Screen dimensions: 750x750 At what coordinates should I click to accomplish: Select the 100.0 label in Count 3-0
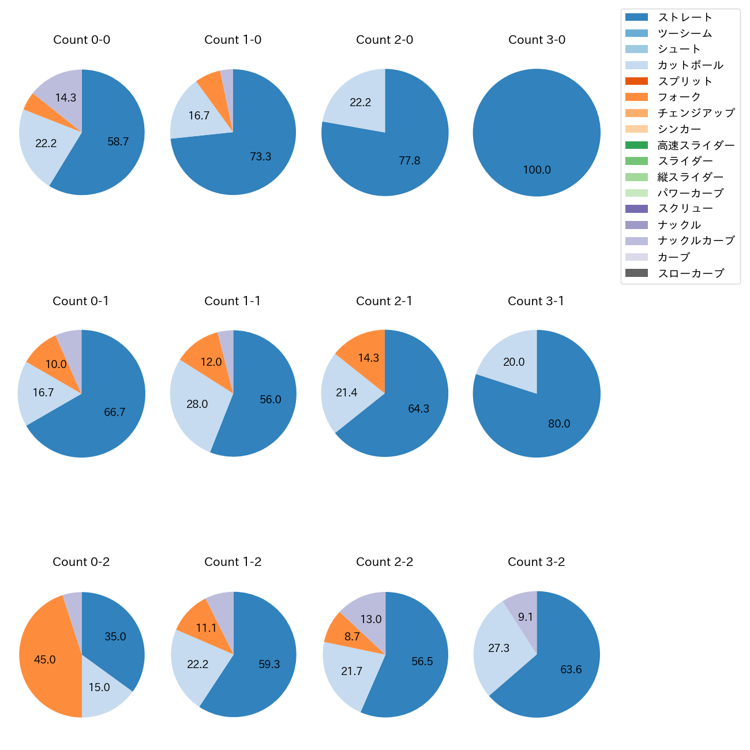pyautogui.click(x=537, y=170)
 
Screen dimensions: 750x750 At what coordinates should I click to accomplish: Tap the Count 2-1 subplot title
pyautogui.click(x=384, y=301)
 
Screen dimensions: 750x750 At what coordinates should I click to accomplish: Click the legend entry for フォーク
pyautogui.click(x=679, y=97)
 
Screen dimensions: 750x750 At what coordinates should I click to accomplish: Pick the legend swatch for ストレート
pyautogui.click(x=636, y=17)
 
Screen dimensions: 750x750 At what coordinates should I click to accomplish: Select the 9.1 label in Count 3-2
pyautogui.click(x=526, y=617)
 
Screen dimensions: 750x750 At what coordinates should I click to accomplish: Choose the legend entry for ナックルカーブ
pyautogui.click(x=696, y=241)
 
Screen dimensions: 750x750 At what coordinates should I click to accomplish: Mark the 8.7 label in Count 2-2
pyautogui.click(x=352, y=637)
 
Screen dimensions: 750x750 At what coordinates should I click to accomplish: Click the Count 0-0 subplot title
pyautogui.click(x=82, y=40)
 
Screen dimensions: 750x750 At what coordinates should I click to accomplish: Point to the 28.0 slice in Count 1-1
pyautogui.click(x=196, y=404)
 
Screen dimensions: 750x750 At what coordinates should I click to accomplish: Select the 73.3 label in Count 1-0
pyautogui.click(x=261, y=157)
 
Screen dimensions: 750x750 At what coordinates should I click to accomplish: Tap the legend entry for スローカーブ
pyautogui.click(x=691, y=273)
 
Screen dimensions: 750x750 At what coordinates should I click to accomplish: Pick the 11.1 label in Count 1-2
pyautogui.click(x=206, y=628)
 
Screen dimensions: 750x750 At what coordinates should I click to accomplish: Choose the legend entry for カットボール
pyautogui.click(x=690, y=65)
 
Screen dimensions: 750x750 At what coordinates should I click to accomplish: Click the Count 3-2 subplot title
pyautogui.click(x=537, y=562)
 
